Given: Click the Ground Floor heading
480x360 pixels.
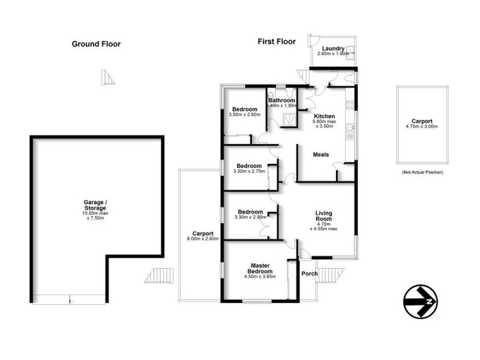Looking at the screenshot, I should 96,44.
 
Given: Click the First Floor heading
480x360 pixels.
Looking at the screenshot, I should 277,41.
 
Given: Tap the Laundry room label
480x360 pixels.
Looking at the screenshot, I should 332,49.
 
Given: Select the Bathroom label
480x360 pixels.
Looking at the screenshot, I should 281,100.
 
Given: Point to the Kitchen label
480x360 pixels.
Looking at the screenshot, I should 325,116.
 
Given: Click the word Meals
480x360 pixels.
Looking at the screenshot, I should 321,155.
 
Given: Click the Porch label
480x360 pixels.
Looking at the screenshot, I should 310,274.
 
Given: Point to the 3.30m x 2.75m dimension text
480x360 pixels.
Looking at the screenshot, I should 249,172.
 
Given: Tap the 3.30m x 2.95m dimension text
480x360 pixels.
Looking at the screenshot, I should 249,217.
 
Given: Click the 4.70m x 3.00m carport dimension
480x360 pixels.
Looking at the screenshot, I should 422,126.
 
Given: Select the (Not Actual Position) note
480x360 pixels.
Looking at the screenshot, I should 422,173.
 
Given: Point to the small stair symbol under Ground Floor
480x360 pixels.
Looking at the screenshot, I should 109,77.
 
